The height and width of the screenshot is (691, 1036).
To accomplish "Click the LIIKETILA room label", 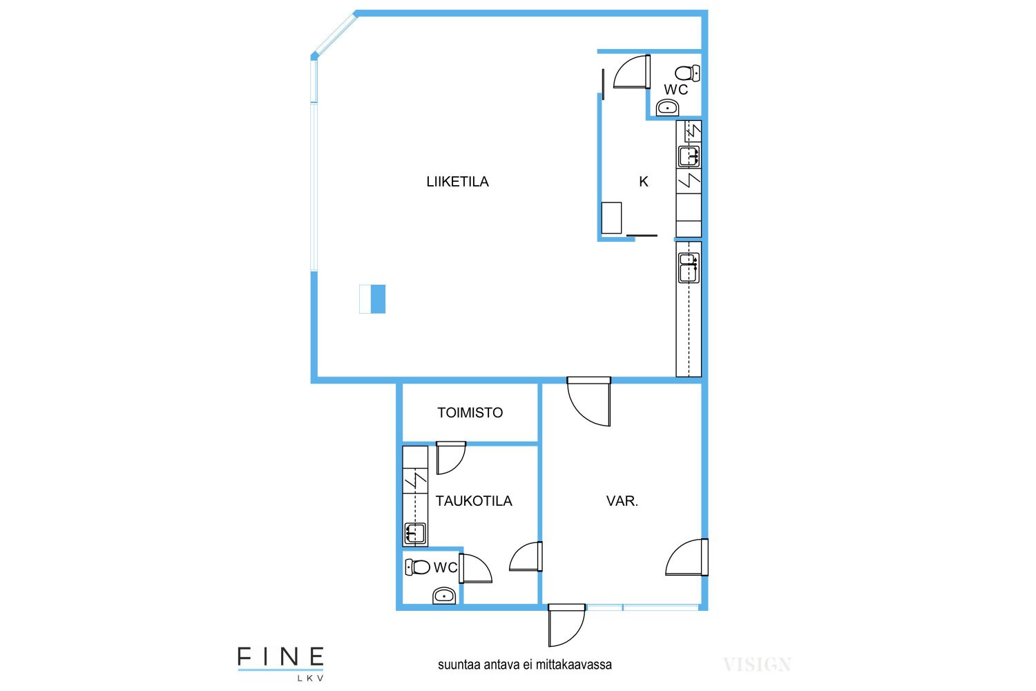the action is (x=457, y=182).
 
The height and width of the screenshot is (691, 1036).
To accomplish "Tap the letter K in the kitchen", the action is (x=643, y=182).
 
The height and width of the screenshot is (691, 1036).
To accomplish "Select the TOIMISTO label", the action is (x=470, y=413).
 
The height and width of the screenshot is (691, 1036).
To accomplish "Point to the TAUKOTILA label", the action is (x=474, y=501).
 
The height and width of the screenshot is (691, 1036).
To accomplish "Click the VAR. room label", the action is (x=622, y=501).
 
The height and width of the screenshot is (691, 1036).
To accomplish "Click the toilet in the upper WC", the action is (x=687, y=73).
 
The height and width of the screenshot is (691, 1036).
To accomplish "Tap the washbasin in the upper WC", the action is (x=667, y=107).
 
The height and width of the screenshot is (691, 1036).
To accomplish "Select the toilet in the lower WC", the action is (x=418, y=567).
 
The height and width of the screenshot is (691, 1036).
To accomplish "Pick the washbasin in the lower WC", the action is (x=444, y=596).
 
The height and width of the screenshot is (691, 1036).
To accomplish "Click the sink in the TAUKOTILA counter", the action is (x=415, y=533).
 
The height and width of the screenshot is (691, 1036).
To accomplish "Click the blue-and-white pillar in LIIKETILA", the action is (x=372, y=299).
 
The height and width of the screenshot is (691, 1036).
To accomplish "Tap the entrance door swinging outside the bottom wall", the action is (x=566, y=625).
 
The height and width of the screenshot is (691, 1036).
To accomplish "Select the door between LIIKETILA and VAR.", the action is (x=588, y=401).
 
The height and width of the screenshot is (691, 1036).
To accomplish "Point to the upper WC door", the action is (x=632, y=72).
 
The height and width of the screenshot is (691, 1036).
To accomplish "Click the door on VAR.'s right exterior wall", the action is (x=687, y=557).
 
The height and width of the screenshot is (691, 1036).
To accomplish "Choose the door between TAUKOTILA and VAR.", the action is (x=526, y=556).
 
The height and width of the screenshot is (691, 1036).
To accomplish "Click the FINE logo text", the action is (x=280, y=657).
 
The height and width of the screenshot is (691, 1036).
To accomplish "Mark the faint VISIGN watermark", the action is (x=757, y=665).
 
